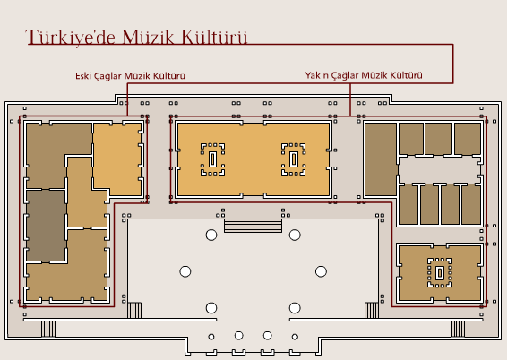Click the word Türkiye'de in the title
pos(71,37)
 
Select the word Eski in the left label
pos(83,76)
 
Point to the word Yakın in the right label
pos(315,75)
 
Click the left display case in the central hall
pos(212,159)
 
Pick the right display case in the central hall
pos(293,159)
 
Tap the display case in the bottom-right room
pos(440,273)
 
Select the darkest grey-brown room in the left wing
pos(46,226)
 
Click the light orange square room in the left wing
pos(117,159)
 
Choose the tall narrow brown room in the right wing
pos(381,159)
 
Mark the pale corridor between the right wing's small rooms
pos(440,170)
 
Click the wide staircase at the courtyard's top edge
pos(253,226)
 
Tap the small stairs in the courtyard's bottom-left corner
pos(134,310)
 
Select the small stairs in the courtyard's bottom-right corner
pos(372,310)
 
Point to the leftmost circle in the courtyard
pos(185,271)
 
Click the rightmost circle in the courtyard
pos(321,271)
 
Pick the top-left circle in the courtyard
pos(211,235)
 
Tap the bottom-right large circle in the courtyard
pos(295,308)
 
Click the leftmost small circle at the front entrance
pos(211,337)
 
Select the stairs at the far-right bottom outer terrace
pos(458,329)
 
